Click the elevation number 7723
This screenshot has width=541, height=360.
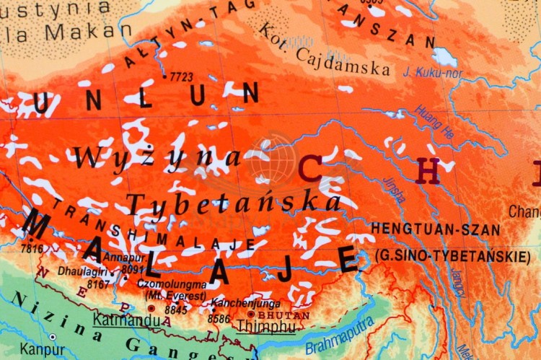pos(182,76)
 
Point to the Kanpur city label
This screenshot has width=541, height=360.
pos(37,349)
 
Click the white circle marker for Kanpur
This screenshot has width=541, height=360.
pos(52,337)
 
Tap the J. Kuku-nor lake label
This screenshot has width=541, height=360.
pos(433,71)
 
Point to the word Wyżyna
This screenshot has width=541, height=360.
pos(157,157)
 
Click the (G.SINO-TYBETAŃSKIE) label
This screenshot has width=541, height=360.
pos(452,256)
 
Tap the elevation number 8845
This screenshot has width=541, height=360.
pos(175,310)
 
